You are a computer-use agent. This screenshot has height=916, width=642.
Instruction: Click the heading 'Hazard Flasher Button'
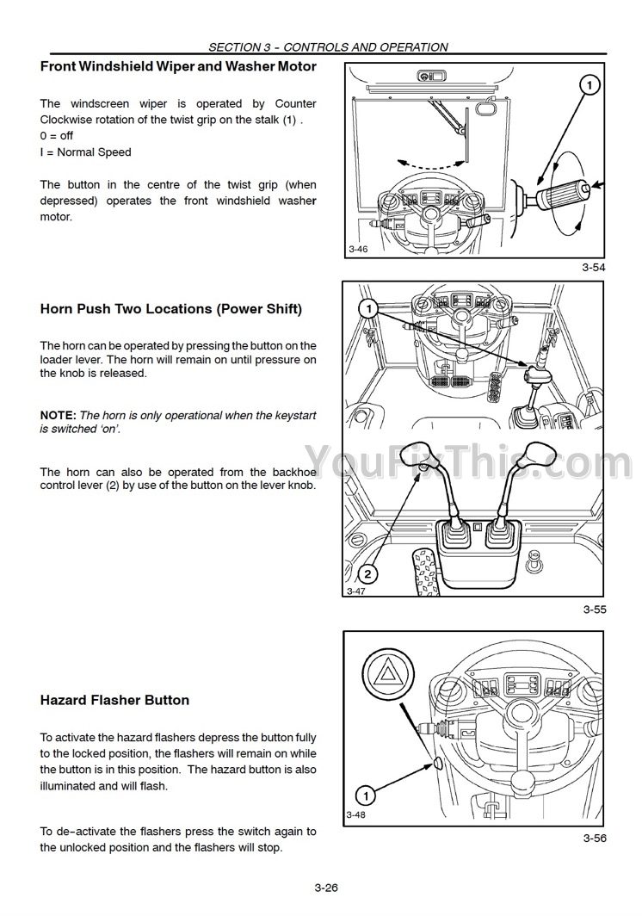114,700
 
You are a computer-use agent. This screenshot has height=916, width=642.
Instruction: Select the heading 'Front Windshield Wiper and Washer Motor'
178,65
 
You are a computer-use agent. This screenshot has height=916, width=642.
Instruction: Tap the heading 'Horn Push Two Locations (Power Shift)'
171,309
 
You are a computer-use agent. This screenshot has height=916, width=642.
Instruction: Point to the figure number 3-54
594,269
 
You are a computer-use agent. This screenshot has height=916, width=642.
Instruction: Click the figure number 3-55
594,610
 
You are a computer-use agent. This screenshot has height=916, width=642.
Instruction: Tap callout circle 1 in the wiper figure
589,84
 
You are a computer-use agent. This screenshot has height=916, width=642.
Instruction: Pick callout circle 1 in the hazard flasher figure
366,795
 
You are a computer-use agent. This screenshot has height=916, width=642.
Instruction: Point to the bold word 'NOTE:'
59,415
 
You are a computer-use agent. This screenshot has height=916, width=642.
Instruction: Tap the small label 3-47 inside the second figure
355,592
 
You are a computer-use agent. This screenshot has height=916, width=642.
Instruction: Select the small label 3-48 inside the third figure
356,814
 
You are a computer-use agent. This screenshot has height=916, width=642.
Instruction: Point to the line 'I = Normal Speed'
85,152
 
